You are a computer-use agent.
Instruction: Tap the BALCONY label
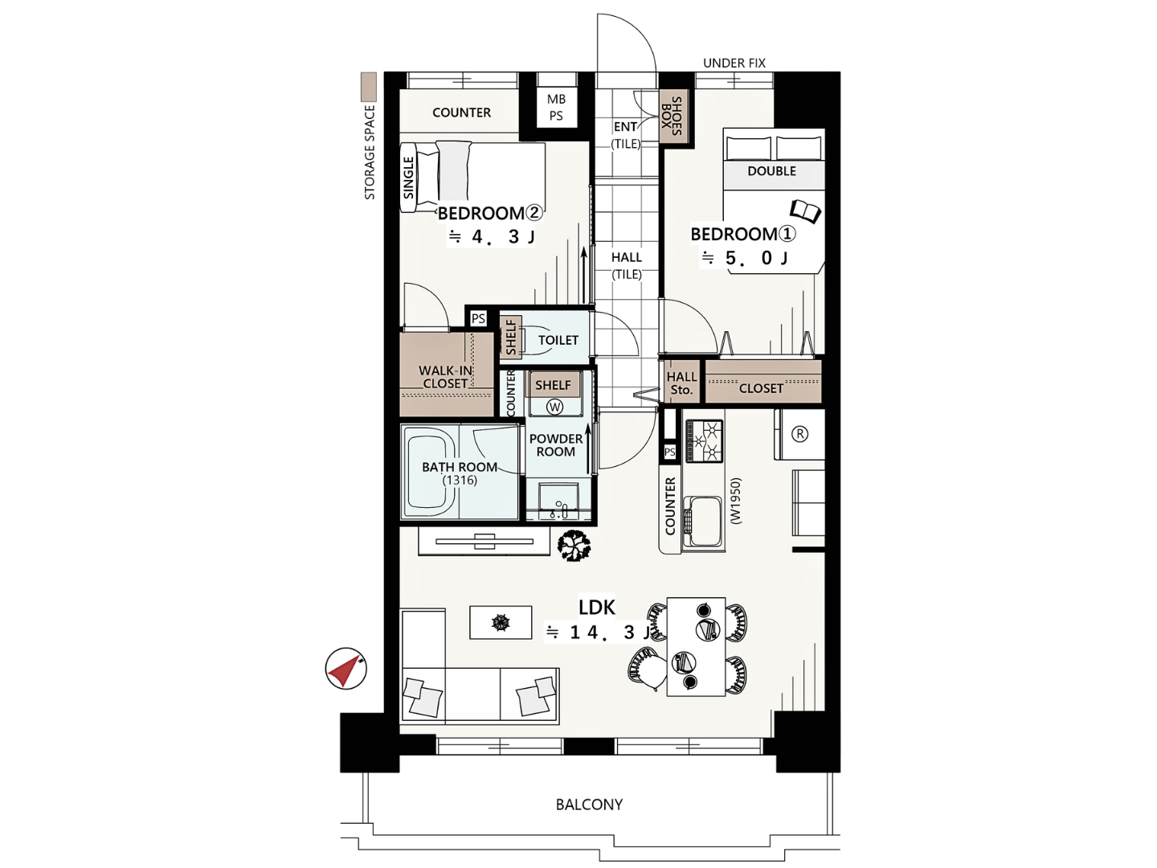pyautogui.click(x=589, y=805)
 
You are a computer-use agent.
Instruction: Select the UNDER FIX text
pyautogui.click(x=734, y=63)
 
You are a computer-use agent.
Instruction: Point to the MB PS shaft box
pyautogui.click(x=556, y=108)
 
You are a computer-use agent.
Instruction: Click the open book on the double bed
pyautogui.click(x=805, y=212)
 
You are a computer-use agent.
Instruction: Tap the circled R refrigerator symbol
pyautogui.click(x=799, y=434)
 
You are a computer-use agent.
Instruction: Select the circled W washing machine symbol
pyautogui.click(x=554, y=407)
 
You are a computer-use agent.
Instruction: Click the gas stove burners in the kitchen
pyautogui.click(x=704, y=441)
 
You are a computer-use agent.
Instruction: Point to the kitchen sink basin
pyautogui.click(x=702, y=522)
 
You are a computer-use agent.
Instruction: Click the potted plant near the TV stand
pyautogui.click(x=574, y=546)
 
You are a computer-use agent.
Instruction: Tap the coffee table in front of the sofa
pyautogui.click(x=501, y=622)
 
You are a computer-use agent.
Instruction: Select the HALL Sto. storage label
pyautogui.click(x=681, y=383)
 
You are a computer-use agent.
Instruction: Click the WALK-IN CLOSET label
pyautogui.click(x=445, y=377)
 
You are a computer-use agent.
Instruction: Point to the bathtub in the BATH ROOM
pyautogui.click(x=432, y=473)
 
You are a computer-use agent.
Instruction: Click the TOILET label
pyautogui.click(x=558, y=340)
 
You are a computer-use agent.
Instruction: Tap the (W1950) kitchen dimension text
pyautogui.click(x=736, y=501)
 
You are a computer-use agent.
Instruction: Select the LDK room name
pyautogui.click(x=597, y=608)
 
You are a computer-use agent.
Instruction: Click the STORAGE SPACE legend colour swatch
pyautogui.click(x=369, y=87)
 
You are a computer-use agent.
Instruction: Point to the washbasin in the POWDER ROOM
pyautogui.click(x=558, y=500)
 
